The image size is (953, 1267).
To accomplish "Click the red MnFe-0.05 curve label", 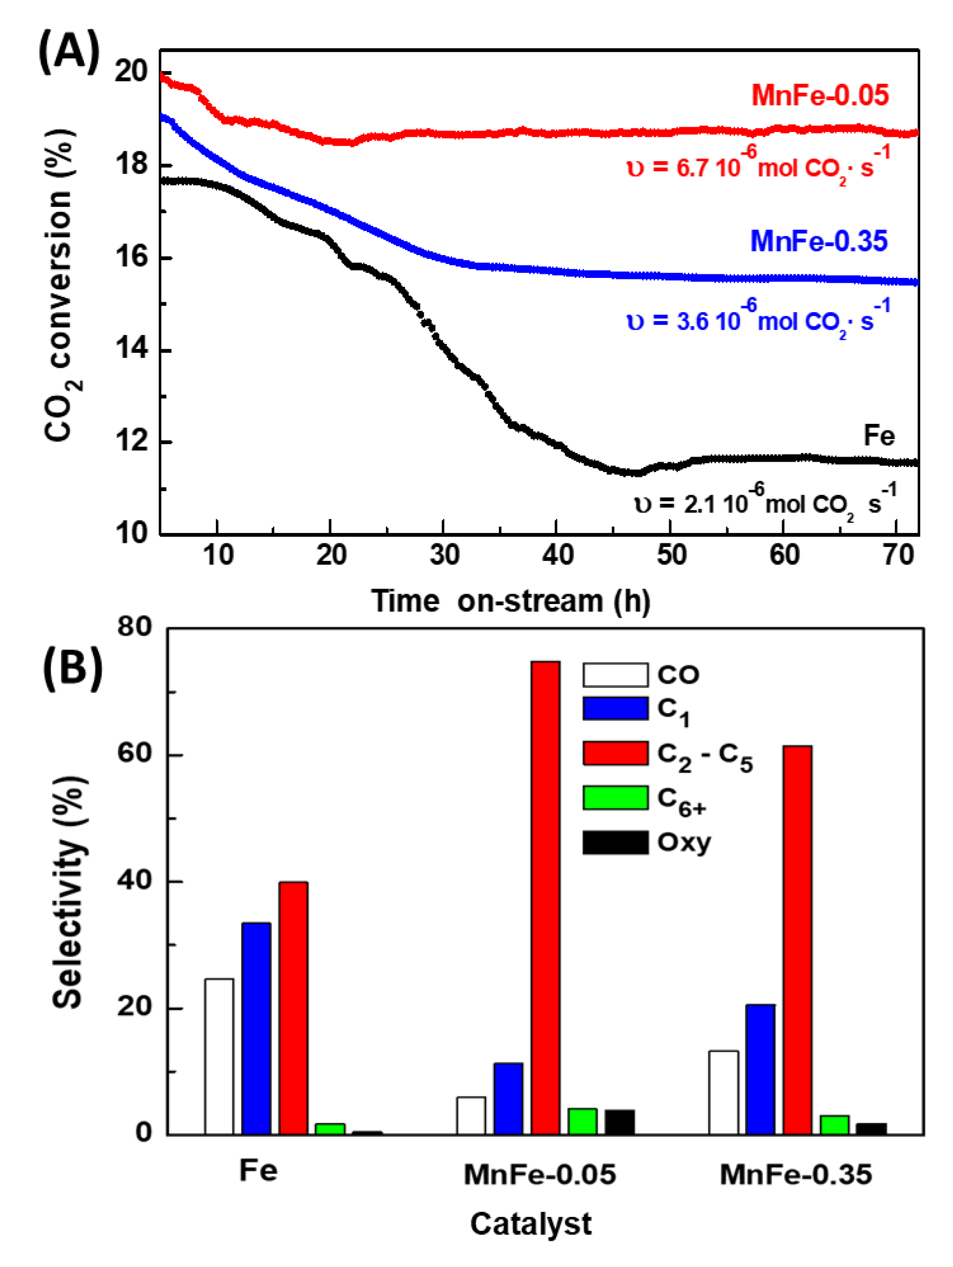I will pyautogui.click(x=819, y=95).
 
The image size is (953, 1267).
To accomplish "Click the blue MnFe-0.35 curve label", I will pyautogui.click(x=818, y=241).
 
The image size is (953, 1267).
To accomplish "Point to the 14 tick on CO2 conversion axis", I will pyautogui.click(x=131, y=349).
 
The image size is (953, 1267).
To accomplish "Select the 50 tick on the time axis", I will pyautogui.click(x=671, y=555).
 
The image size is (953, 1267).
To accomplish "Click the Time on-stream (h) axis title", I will pyautogui.click(x=510, y=601).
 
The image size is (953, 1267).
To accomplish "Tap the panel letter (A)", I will pyautogui.click(x=68, y=53).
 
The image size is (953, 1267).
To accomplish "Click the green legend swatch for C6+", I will pyautogui.click(x=615, y=798).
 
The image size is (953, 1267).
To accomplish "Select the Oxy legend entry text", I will pyautogui.click(x=684, y=842).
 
